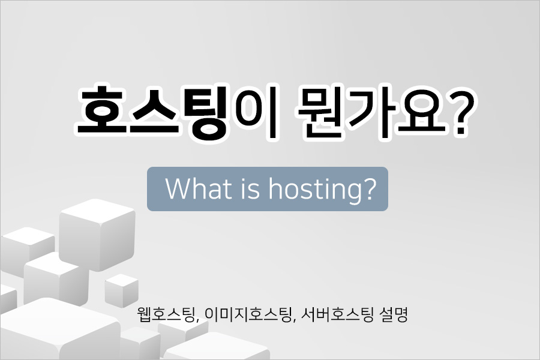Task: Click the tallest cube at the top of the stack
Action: (97, 234)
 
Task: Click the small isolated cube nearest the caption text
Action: (121, 292)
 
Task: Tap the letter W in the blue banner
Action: (179, 188)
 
